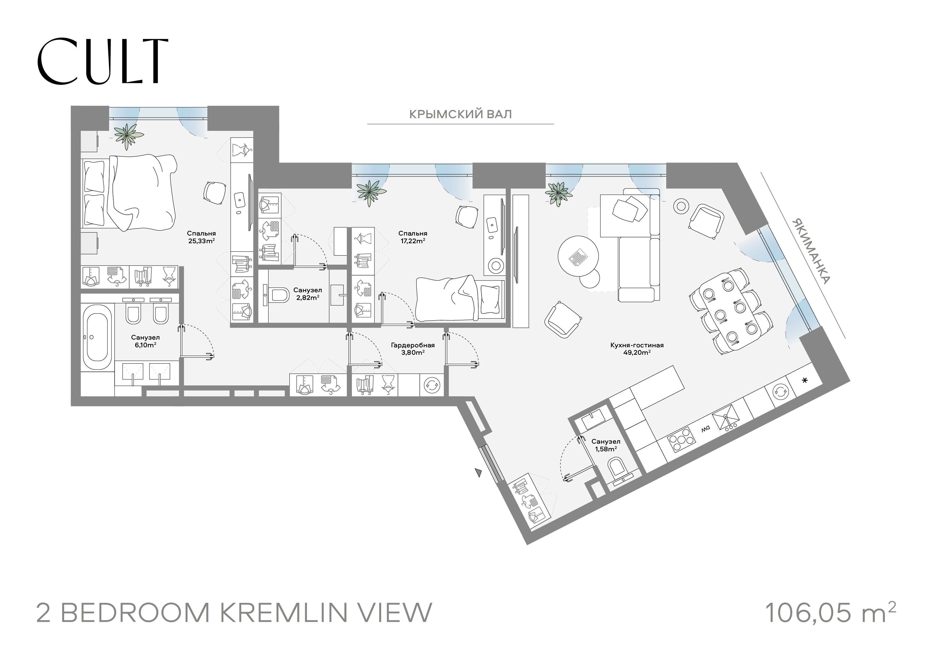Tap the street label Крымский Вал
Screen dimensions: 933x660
460,114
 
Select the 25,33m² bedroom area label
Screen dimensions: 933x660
201,237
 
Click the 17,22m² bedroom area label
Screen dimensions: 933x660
413,237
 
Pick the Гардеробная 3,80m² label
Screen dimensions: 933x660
413,349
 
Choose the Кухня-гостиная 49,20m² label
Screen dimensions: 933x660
637,349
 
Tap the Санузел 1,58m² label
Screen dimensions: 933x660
606,445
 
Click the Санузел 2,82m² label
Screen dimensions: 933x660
308,294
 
